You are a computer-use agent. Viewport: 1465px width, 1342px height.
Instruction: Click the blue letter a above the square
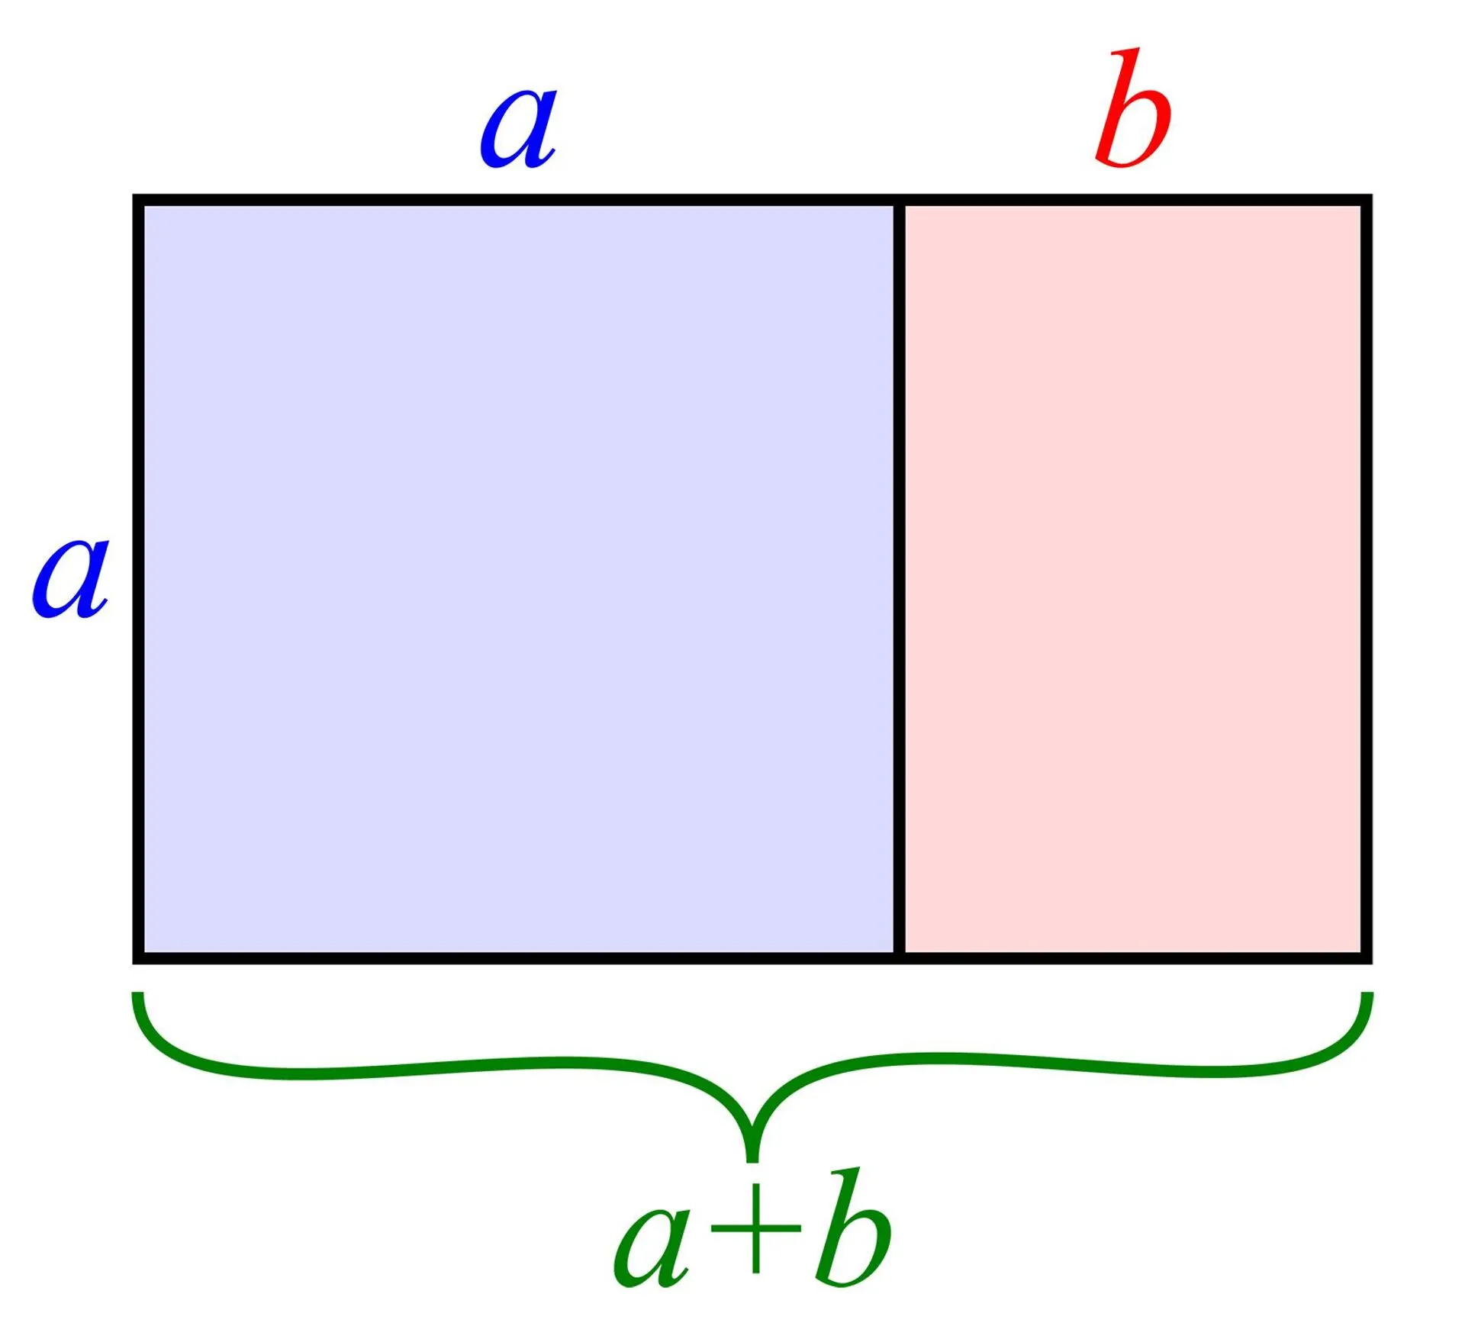pyautogui.click(x=518, y=129)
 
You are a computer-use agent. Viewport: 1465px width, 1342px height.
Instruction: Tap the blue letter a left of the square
pyautogui.click(x=69, y=577)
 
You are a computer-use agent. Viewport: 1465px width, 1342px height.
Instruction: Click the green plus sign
pyautogui.click(x=755, y=1228)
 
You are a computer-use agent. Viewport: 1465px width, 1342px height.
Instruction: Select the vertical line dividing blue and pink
pyautogui.click(x=900, y=579)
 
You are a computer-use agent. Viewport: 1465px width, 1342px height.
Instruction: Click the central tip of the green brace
pyautogui.click(x=752, y=1161)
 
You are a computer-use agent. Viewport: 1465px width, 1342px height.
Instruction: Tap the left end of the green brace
pyautogui.click(x=137, y=994)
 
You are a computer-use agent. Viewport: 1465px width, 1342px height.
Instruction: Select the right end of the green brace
pyautogui.click(x=1367, y=994)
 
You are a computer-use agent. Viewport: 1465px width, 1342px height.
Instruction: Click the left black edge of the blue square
pyautogui.click(x=138, y=579)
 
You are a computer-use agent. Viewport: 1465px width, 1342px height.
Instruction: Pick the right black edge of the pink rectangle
pyautogui.click(x=1367, y=579)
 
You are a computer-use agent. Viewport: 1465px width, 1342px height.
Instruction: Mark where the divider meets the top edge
pyautogui.click(x=900, y=200)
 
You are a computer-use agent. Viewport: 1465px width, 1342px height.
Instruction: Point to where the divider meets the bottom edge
pyautogui.click(x=900, y=958)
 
